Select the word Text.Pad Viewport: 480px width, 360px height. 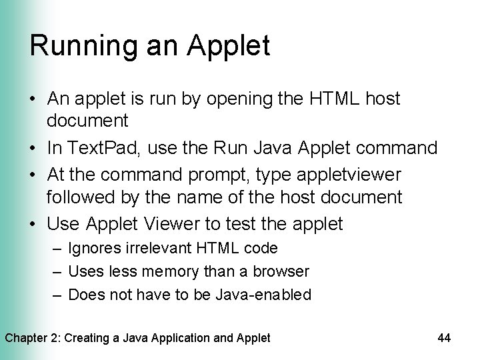(97, 147)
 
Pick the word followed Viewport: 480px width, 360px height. (82, 197)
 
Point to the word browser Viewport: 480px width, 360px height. (283, 271)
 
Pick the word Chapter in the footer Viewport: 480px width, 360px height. (27, 338)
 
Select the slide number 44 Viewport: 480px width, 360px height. (444, 338)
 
